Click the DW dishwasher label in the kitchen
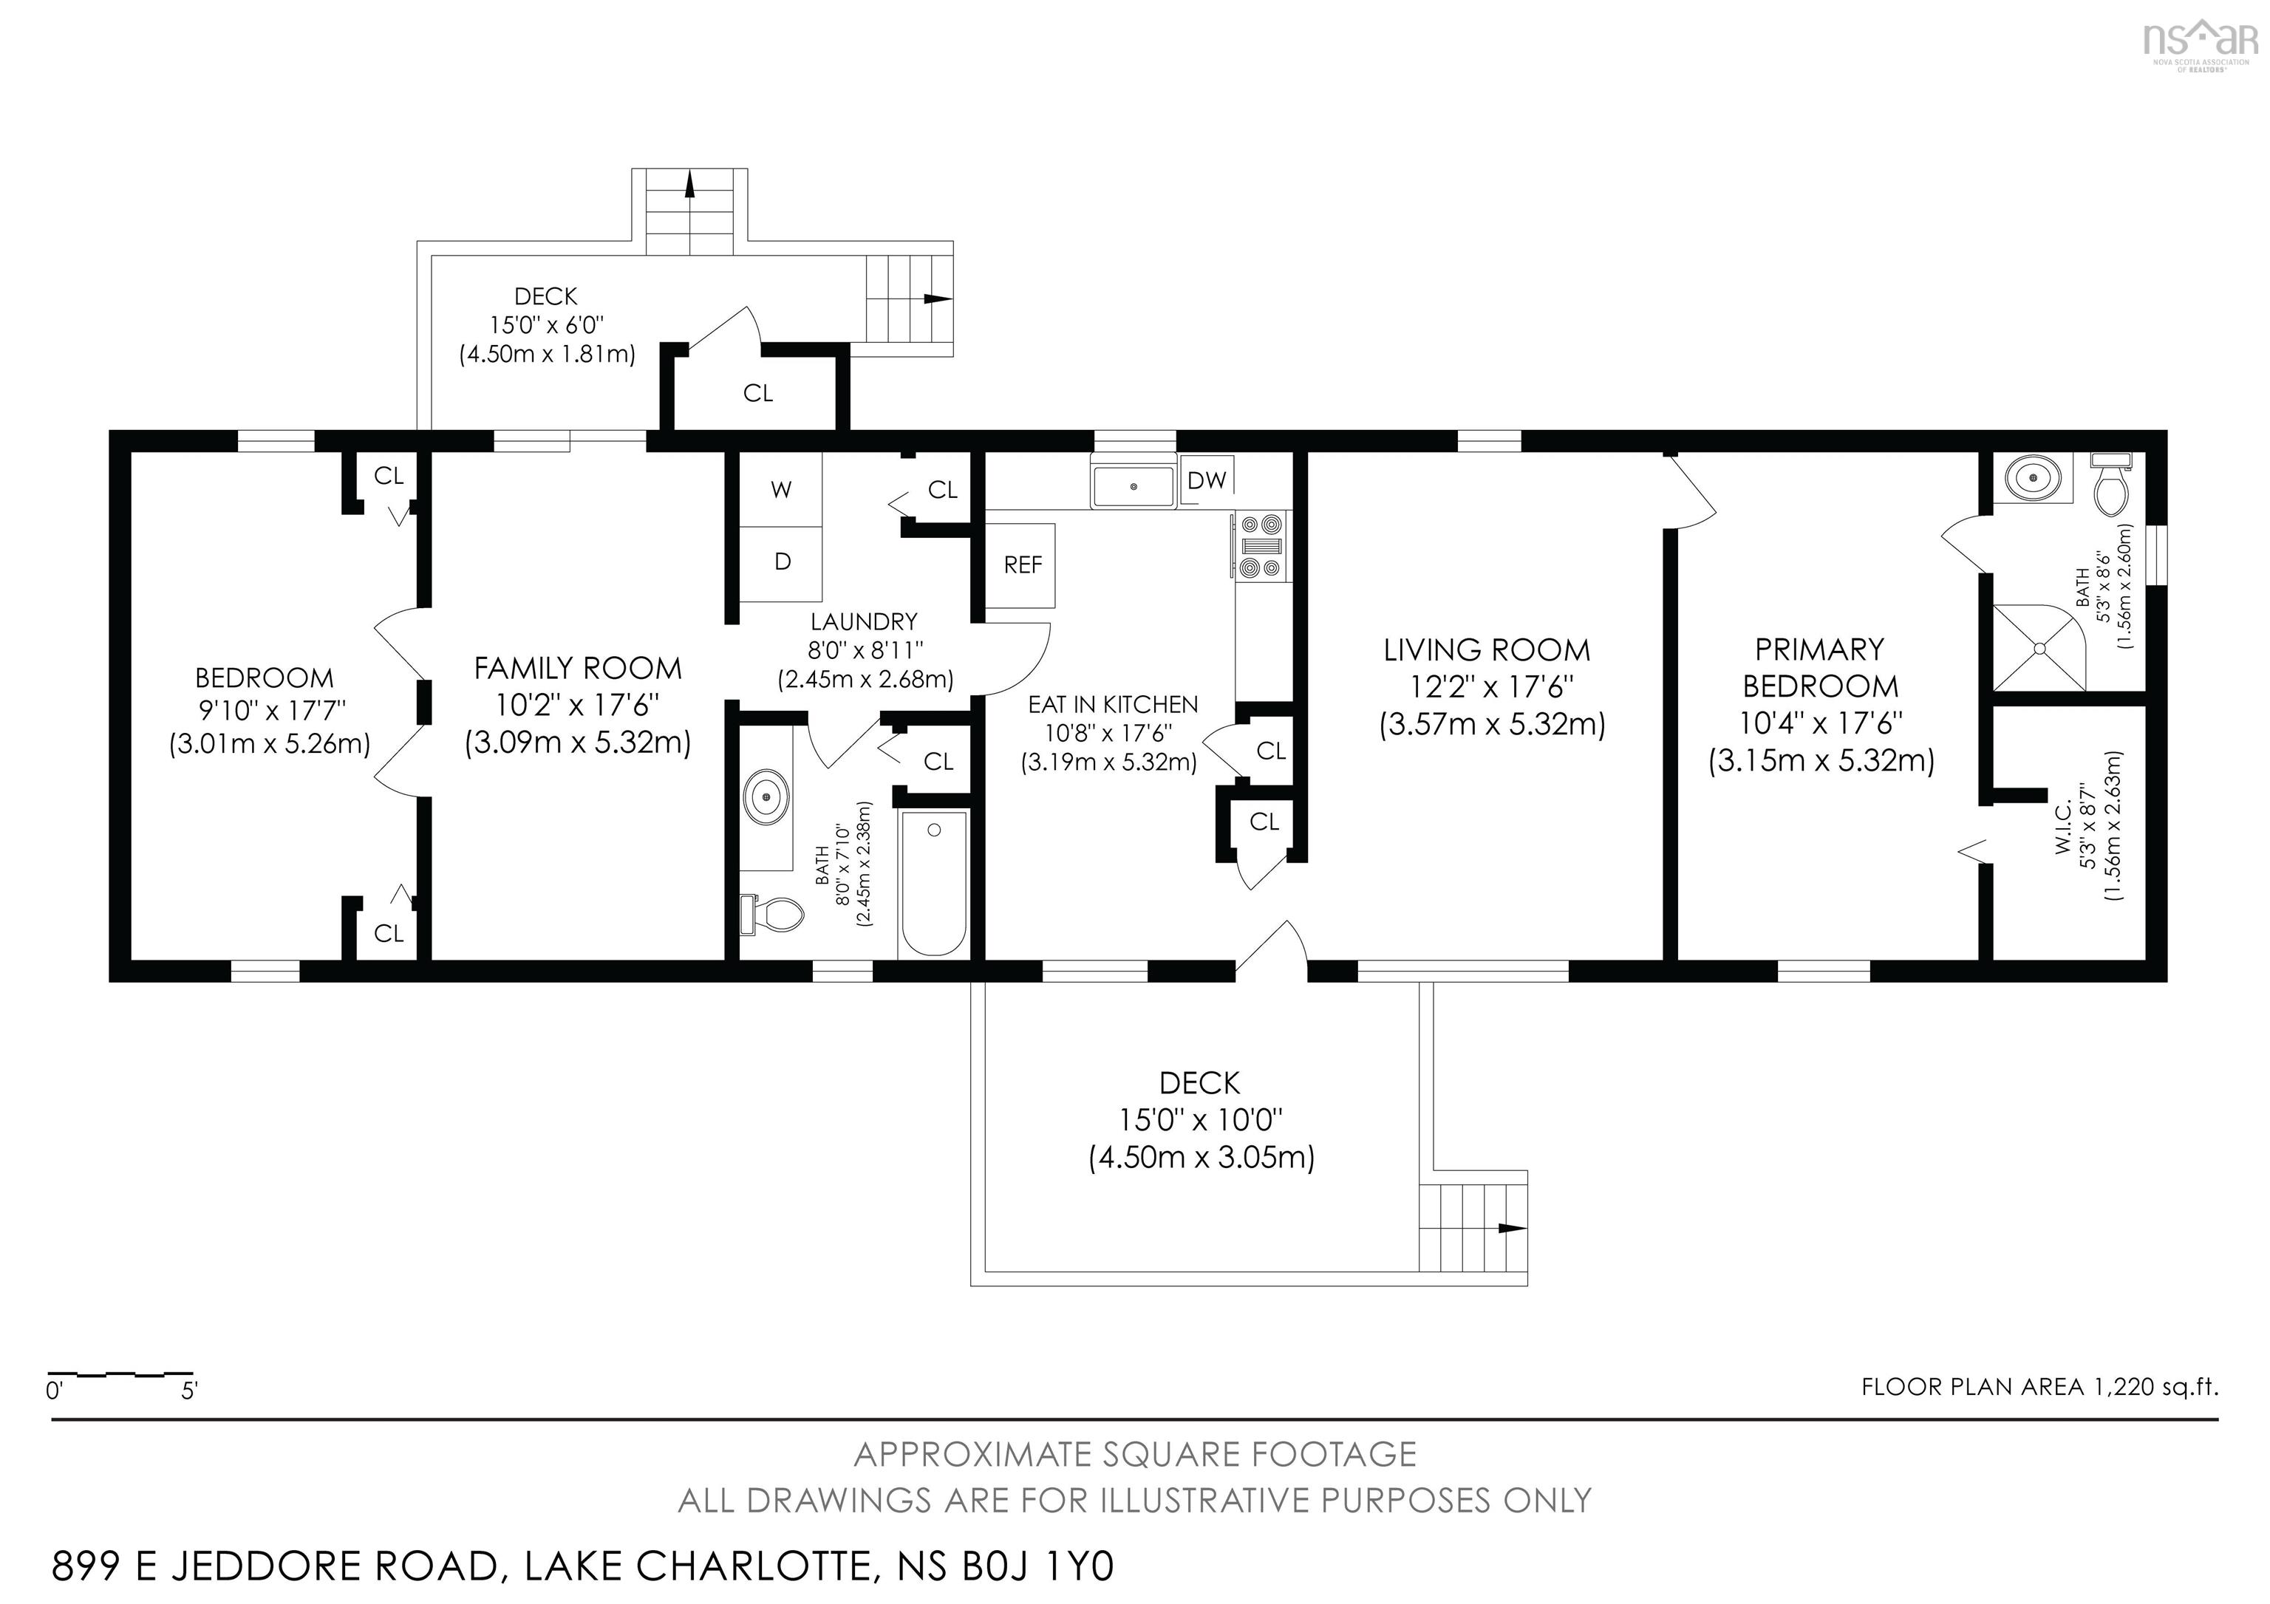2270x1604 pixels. pyautogui.click(x=1206, y=480)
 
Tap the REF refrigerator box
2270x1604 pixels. pyautogui.click(x=1021, y=565)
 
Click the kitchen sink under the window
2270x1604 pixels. pyautogui.click(x=1133, y=486)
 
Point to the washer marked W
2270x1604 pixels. pyautogui.click(x=781, y=490)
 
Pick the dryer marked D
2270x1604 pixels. pyautogui.click(x=781, y=563)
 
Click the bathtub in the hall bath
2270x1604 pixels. pyautogui.click(x=933, y=884)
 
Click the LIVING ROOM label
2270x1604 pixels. pyautogui.click(x=1487, y=650)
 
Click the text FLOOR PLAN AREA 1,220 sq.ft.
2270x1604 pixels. pyautogui.click(x=2039, y=1388)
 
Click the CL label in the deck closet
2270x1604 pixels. pyautogui.click(x=757, y=393)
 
